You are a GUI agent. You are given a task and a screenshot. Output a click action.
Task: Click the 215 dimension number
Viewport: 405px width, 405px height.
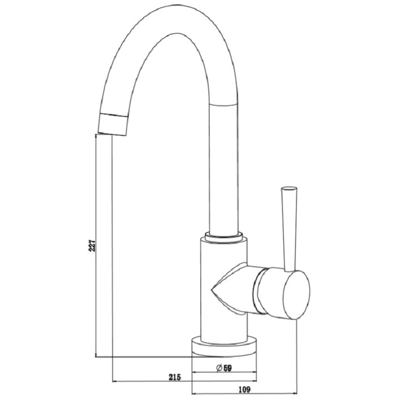[175, 377]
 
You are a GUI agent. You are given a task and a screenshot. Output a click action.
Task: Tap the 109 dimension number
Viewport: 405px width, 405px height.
[244, 389]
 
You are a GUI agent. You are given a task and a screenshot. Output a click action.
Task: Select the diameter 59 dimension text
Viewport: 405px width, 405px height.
[224, 368]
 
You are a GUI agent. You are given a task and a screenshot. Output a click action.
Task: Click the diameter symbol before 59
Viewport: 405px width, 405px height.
[219, 368]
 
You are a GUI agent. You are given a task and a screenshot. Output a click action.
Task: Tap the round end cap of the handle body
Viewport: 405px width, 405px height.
[297, 295]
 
